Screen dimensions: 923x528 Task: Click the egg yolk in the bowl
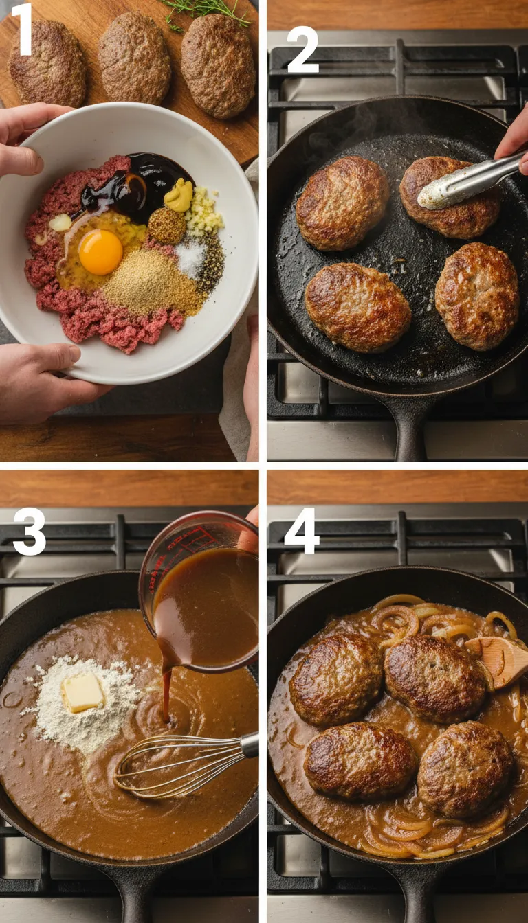click(100, 252)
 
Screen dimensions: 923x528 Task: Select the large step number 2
click(302, 50)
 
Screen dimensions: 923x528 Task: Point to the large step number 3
click(29, 532)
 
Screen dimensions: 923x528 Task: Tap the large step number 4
click(302, 531)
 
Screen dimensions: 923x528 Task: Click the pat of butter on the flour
click(82, 691)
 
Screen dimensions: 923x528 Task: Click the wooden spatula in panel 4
click(498, 661)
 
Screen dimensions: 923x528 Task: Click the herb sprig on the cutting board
click(206, 10)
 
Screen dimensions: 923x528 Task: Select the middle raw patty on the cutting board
click(134, 58)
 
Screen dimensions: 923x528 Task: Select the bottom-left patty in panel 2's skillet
click(357, 308)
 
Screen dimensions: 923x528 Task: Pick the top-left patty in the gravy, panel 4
click(335, 679)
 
